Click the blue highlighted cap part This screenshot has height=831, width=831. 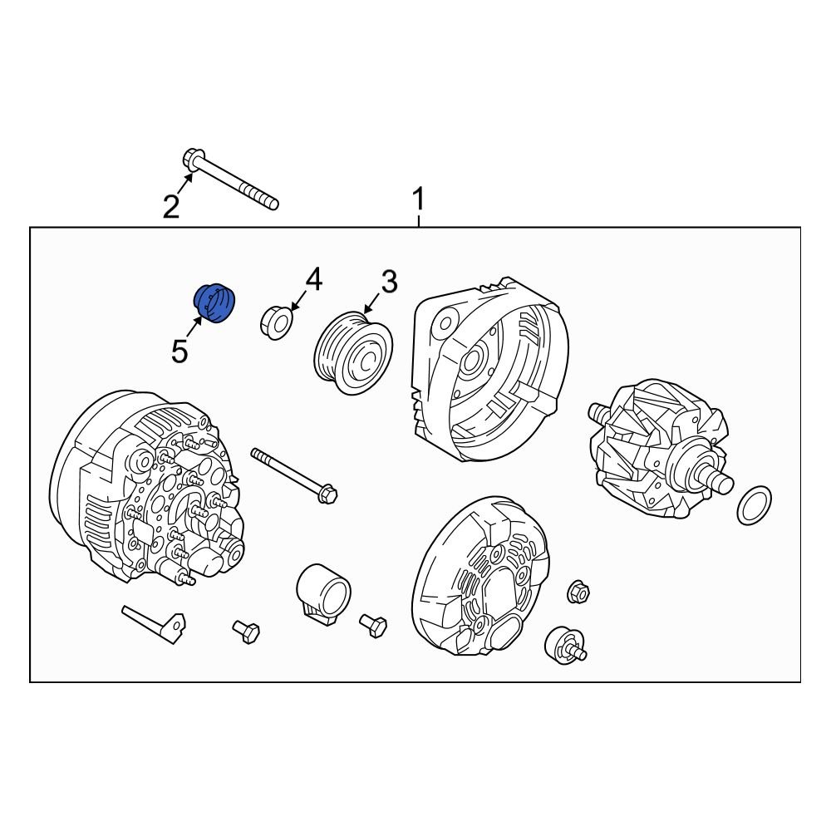[214, 303]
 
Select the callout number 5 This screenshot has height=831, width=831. [179, 351]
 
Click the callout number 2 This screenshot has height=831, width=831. [170, 207]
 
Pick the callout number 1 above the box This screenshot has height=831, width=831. [419, 199]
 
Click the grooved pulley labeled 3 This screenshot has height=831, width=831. [353, 352]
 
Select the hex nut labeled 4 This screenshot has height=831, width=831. [278, 322]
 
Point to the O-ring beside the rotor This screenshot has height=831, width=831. [754, 504]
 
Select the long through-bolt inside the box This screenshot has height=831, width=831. [293, 474]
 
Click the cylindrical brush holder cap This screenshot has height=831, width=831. [322, 593]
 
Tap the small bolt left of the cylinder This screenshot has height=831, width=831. [247, 632]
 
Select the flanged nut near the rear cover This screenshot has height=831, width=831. [578, 592]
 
